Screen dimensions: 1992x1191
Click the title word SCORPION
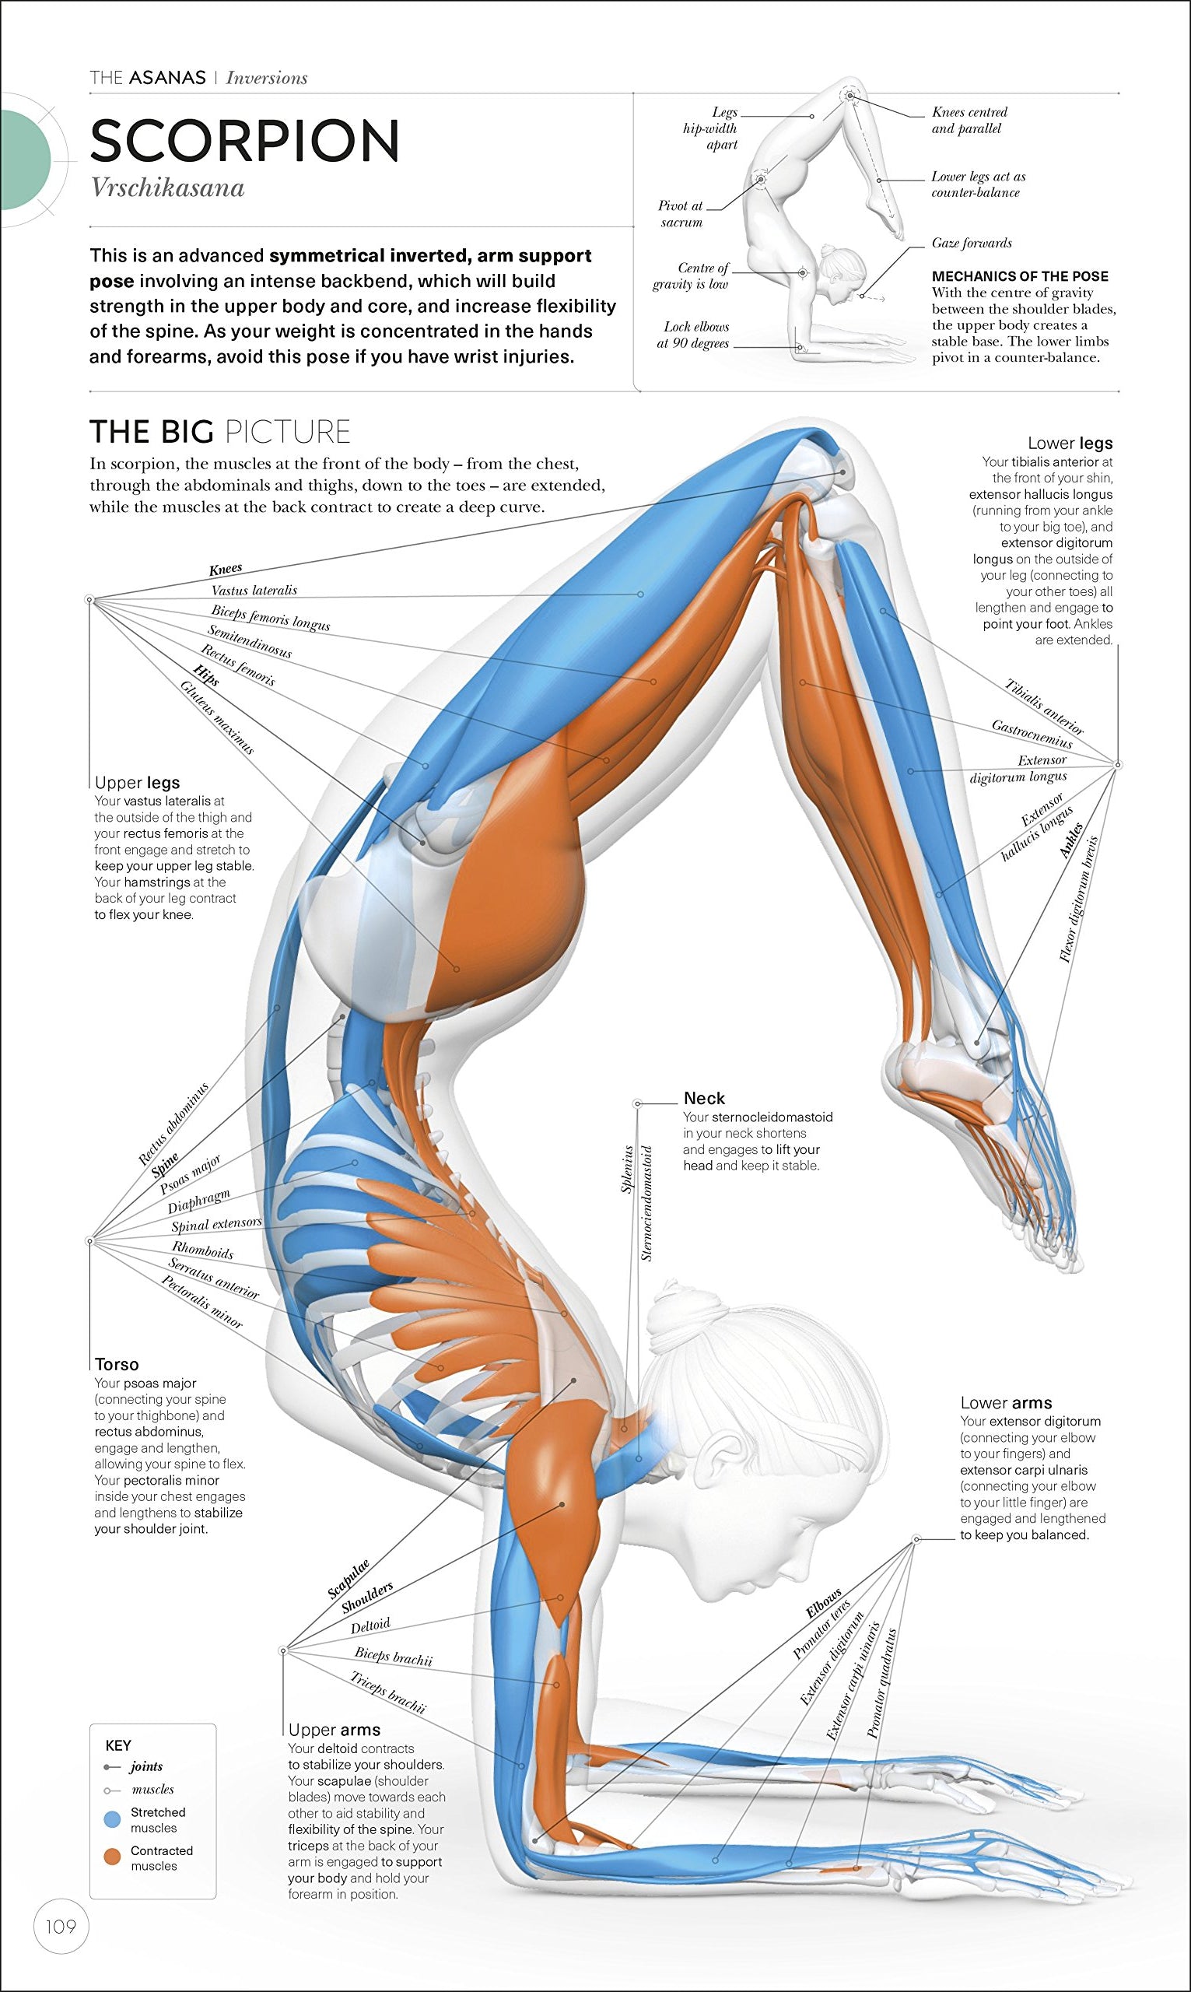point(245,142)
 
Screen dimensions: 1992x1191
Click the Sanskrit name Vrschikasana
point(167,188)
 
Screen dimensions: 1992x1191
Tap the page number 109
point(60,1925)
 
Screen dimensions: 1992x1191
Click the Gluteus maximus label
point(217,717)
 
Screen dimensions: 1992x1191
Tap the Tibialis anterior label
point(1044,707)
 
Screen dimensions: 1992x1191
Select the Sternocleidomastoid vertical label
point(647,1201)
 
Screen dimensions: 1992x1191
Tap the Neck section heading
point(704,1098)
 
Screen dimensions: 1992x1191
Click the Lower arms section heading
point(1006,1402)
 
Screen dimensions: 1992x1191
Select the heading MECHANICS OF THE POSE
point(1019,276)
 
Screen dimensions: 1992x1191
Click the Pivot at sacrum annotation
point(681,214)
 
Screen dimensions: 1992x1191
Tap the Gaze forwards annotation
point(971,244)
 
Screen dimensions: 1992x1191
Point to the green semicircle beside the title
point(24,160)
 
